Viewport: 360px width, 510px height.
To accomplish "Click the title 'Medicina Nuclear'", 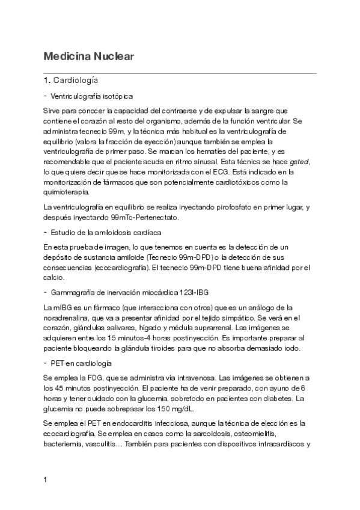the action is point(88,57).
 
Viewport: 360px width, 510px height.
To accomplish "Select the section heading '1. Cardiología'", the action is point(72,80).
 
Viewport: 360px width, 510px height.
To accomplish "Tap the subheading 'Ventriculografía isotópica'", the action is point(92,96).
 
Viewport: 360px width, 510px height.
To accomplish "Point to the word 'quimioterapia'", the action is point(66,192).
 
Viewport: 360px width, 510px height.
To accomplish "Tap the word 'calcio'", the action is point(53,278).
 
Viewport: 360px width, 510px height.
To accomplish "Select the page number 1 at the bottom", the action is point(46,480).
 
